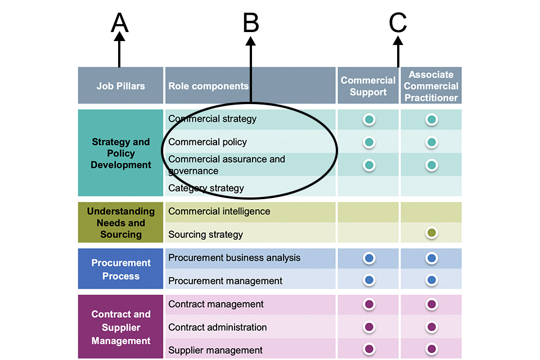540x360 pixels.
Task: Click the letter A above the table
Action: pyautogui.click(x=120, y=23)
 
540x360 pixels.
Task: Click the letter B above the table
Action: pyautogui.click(x=251, y=23)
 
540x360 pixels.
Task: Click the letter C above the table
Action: pyautogui.click(x=398, y=23)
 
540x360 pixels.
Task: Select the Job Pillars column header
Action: pyautogui.click(x=120, y=86)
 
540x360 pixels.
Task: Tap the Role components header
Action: pyautogui.click(x=208, y=86)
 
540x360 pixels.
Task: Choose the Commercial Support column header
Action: pyautogui.click(x=368, y=86)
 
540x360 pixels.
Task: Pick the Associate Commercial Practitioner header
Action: pyautogui.click(x=431, y=86)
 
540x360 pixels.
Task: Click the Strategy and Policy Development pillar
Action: pyautogui.click(x=121, y=153)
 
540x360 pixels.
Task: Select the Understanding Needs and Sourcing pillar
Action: pyautogui.click(x=121, y=223)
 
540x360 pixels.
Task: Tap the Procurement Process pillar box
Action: pyautogui.click(x=121, y=269)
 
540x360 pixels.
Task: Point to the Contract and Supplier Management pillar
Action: pyautogui.click(x=121, y=327)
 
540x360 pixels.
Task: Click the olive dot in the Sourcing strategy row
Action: pyautogui.click(x=431, y=233)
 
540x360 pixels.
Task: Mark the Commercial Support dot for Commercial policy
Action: pyautogui.click(x=369, y=142)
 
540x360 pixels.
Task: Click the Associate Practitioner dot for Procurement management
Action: pyautogui.click(x=431, y=280)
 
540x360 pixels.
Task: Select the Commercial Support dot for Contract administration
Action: pyautogui.click(x=369, y=327)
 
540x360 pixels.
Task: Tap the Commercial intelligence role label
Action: pyautogui.click(x=219, y=211)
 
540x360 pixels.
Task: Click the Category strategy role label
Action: pyautogui.click(x=206, y=188)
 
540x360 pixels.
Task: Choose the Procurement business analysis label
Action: pyautogui.click(x=235, y=258)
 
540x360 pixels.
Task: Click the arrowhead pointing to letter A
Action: pyautogui.click(x=119, y=37)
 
